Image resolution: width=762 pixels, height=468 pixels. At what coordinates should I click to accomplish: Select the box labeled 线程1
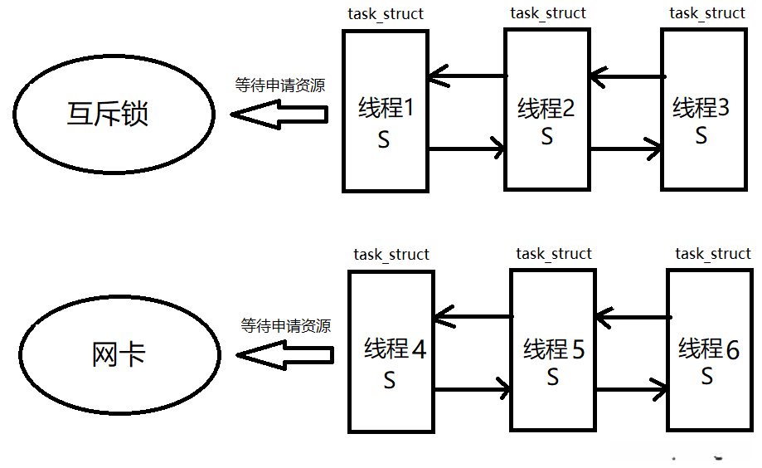click(386, 111)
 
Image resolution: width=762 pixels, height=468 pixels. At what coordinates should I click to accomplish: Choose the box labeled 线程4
click(391, 352)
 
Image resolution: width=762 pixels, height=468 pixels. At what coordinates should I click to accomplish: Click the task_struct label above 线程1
click(386, 14)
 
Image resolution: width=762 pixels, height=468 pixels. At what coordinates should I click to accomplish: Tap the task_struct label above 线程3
click(707, 12)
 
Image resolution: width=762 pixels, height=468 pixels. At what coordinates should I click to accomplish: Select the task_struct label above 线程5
click(554, 253)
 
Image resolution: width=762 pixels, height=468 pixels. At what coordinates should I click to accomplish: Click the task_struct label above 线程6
click(713, 253)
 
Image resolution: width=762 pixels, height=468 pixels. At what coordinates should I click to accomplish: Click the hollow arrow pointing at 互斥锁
click(279, 115)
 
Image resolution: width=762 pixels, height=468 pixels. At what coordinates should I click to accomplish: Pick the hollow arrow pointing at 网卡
click(284, 355)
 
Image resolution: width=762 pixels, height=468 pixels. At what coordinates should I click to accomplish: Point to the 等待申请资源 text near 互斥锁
click(279, 85)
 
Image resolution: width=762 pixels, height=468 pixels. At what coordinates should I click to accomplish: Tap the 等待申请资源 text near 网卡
click(285, 325)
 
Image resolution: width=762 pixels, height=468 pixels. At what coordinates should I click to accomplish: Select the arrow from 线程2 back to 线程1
click(468, 77)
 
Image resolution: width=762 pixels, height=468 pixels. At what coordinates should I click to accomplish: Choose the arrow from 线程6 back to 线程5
click(632, 316)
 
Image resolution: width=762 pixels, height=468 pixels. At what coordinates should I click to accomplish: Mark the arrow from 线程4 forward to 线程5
click(472, 389)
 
